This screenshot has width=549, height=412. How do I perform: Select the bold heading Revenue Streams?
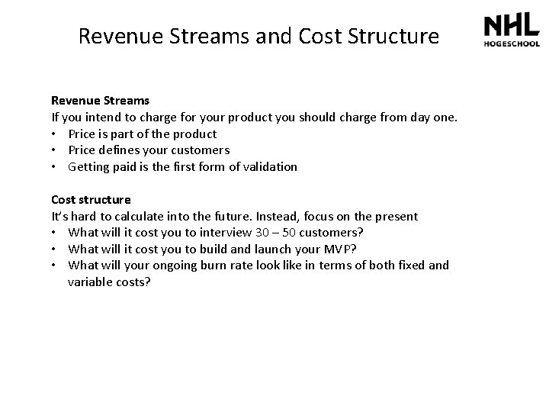pos(100,100)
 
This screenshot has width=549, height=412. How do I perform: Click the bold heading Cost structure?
pos(91,200)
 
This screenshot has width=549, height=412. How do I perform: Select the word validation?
pos(269,166)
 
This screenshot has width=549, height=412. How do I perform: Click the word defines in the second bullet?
pos(123,150)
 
